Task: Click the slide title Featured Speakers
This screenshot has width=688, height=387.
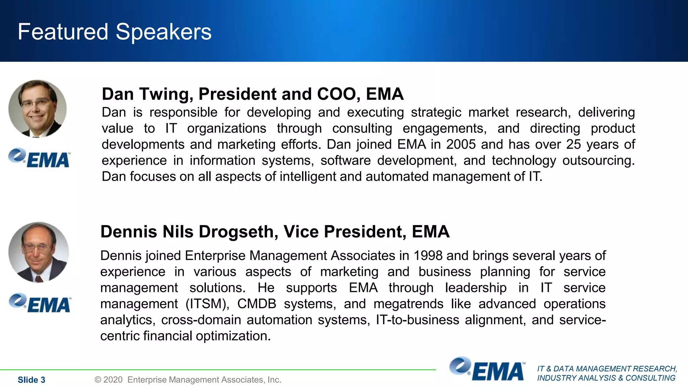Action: pos(115,32)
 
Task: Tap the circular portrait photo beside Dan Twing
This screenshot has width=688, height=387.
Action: pos(37,109)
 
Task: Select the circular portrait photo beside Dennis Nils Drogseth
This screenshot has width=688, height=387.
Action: pos(38,252)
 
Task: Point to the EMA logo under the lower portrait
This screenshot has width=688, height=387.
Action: pos(40,303)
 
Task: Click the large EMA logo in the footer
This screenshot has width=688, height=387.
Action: pos(487,369)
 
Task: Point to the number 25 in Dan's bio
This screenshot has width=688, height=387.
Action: pos(574,144)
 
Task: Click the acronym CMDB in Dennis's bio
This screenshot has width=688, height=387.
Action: pos(257,304)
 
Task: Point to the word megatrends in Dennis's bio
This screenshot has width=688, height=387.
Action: pos(408,304)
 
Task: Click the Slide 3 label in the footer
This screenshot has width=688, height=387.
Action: pos(31,380)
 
